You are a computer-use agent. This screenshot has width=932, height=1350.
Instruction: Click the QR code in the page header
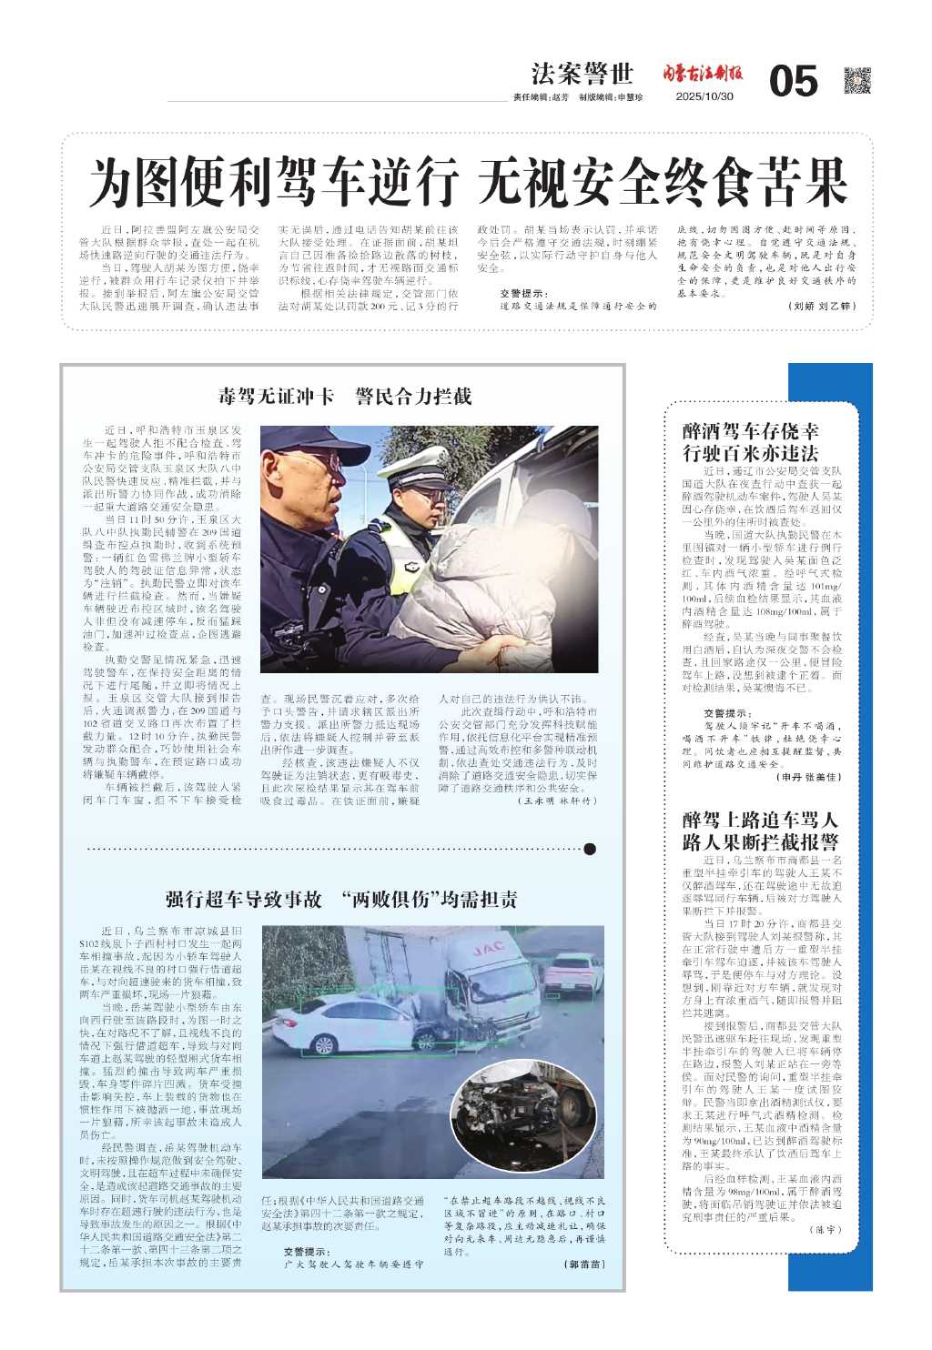(856, 81)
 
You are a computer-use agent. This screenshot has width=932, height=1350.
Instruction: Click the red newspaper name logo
(702, 74)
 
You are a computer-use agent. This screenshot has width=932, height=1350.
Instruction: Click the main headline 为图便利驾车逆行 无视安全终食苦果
(468, 182)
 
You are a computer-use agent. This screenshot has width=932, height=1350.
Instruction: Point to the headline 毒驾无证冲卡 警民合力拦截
(344, 397)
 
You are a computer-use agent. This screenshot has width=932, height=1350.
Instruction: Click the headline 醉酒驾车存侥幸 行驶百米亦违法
(750, 442)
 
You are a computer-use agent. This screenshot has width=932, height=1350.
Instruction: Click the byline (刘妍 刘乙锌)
(822, 307)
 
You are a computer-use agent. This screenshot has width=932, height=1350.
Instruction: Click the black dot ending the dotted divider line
(590, 849)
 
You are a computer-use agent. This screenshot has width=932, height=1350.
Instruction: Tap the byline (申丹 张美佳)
(808, 777)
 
